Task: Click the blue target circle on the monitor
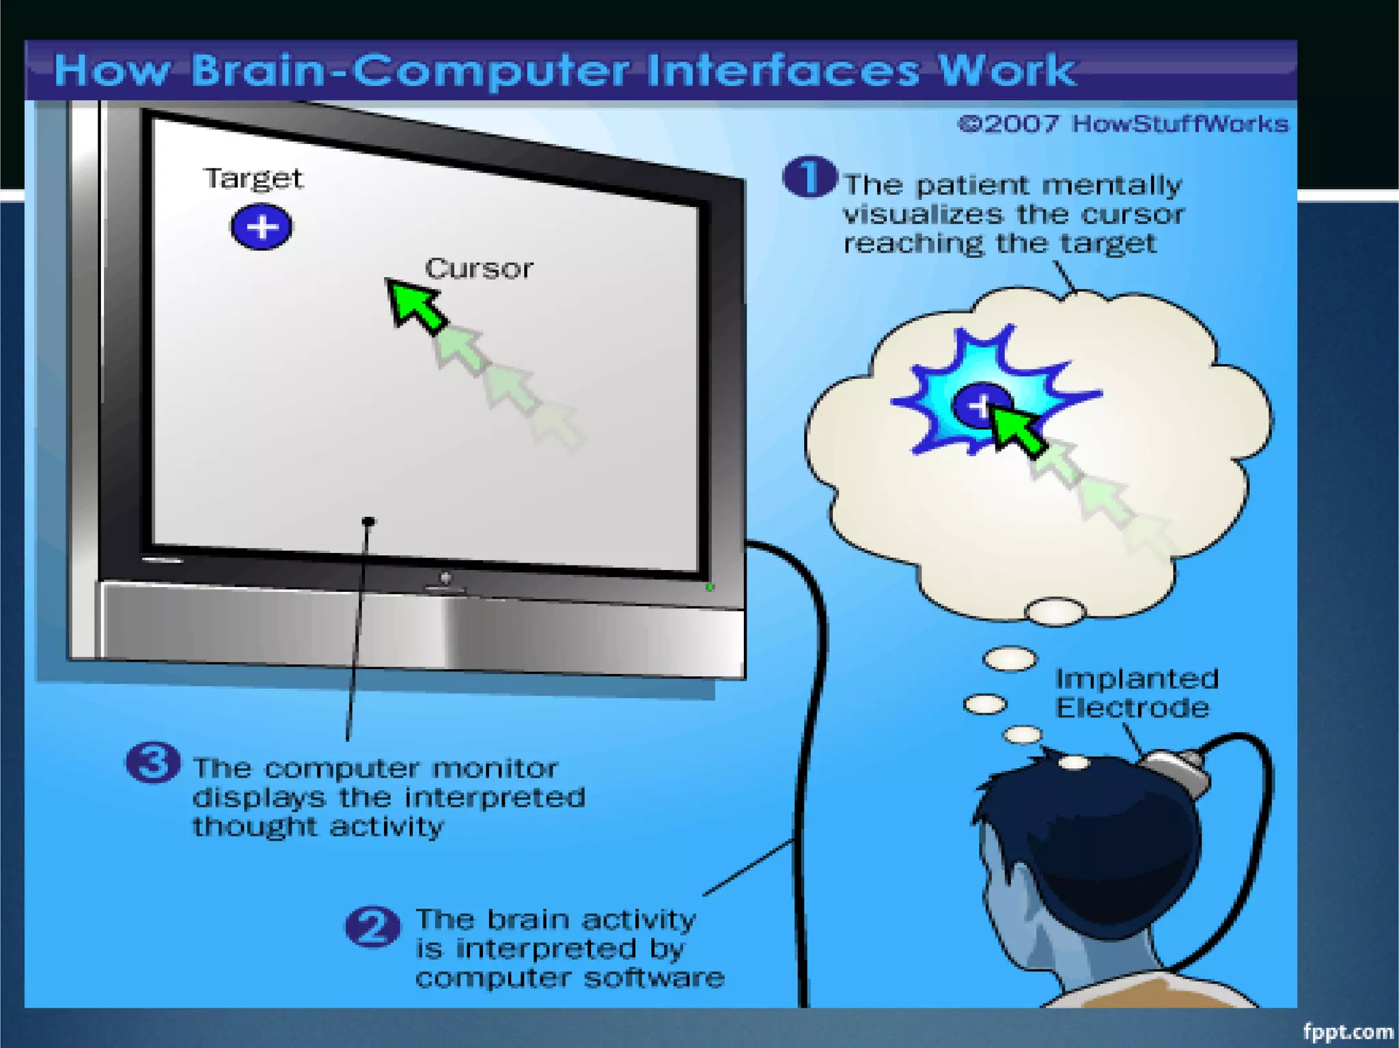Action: [261, 227]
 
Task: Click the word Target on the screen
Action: [253, 179]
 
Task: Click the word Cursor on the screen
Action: [478, 269]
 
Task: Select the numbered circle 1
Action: [809, 177]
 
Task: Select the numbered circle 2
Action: [372, 926]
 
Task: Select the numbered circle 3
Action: [152, 762]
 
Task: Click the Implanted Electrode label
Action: [1135, 693]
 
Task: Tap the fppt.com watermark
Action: [1347, 1031]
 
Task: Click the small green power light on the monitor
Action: [710, 586]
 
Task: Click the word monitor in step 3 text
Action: [495, 769]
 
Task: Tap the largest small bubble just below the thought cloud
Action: [1055, 611]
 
